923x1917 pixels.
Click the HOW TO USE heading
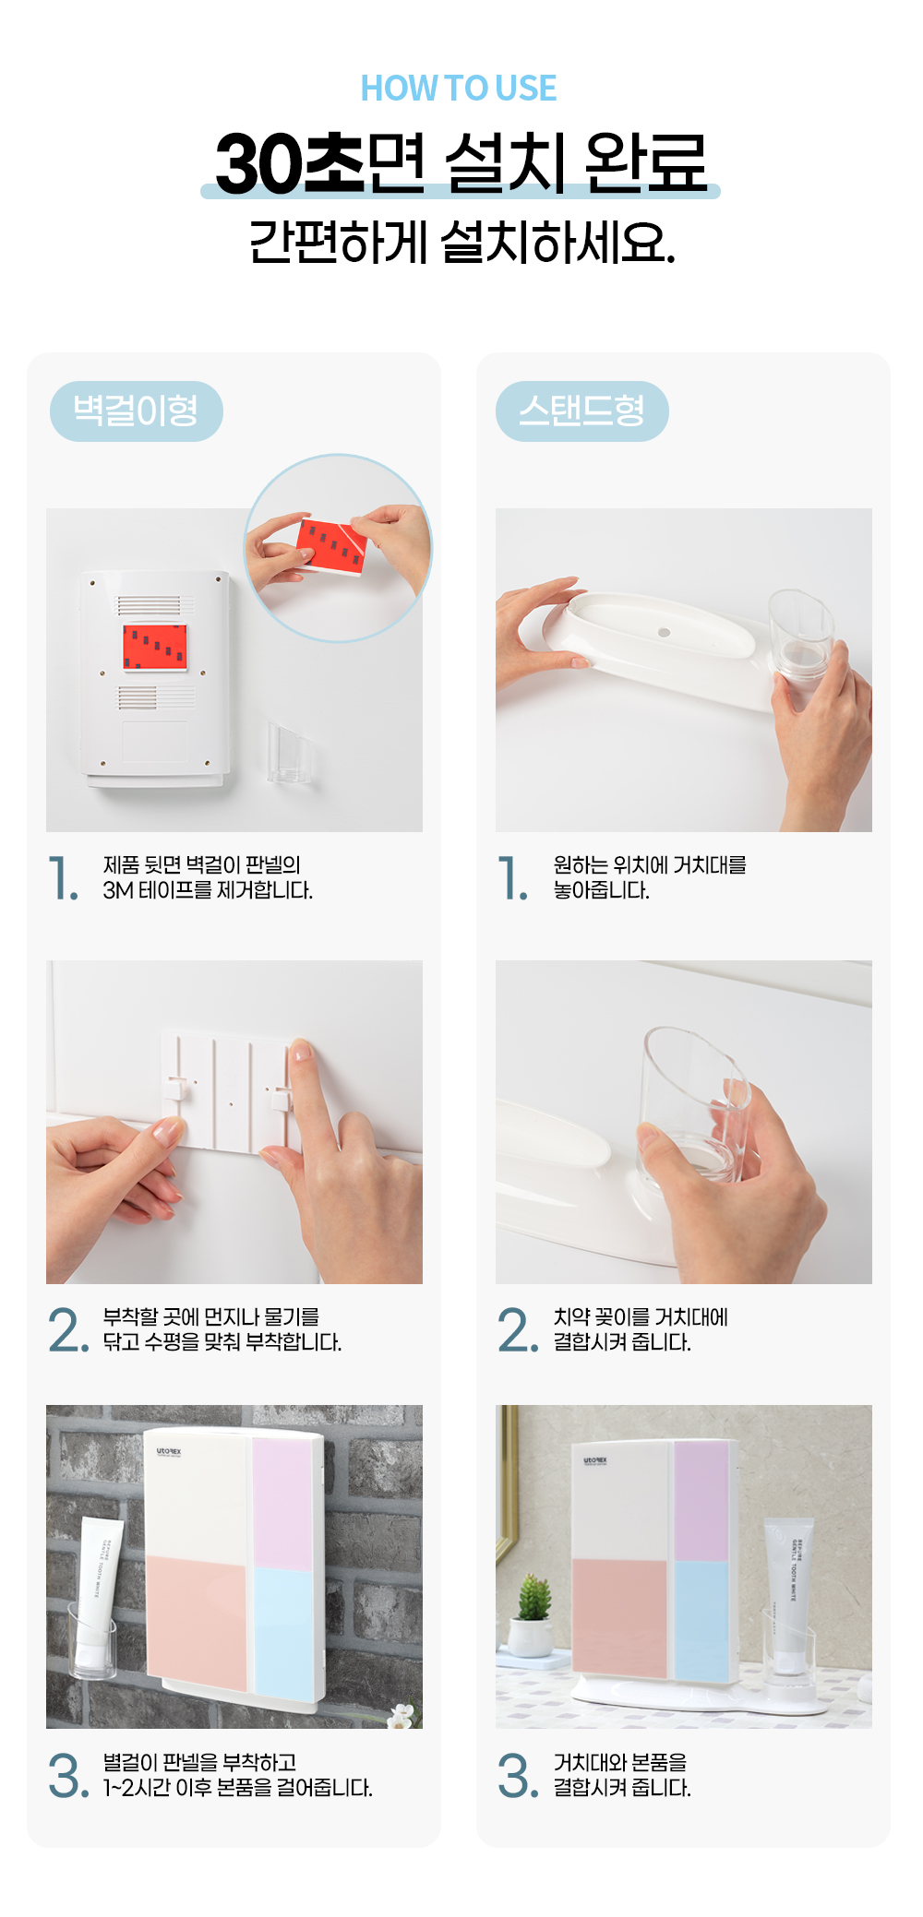point(459,89)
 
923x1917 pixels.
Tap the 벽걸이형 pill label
point(137,411)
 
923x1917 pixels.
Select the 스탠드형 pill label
point(582,411)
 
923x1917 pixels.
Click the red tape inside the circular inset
point(331,546)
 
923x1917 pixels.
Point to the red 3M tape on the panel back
point(155,647)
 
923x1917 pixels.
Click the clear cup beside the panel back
point(290,752)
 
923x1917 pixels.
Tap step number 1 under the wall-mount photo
point(62,877)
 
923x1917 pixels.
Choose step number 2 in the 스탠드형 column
point(517,1329)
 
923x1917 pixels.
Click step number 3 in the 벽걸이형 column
point(68,1776)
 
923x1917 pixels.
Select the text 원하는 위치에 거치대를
point(650,865)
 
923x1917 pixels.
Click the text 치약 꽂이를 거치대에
point(641,1317)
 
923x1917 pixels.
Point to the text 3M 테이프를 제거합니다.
point(208,890)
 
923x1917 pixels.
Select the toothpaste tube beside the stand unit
point(790,1593)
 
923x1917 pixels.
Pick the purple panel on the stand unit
point(701,1501)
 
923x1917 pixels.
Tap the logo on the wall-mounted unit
point(169,1452)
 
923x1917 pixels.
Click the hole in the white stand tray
point(664,633)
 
